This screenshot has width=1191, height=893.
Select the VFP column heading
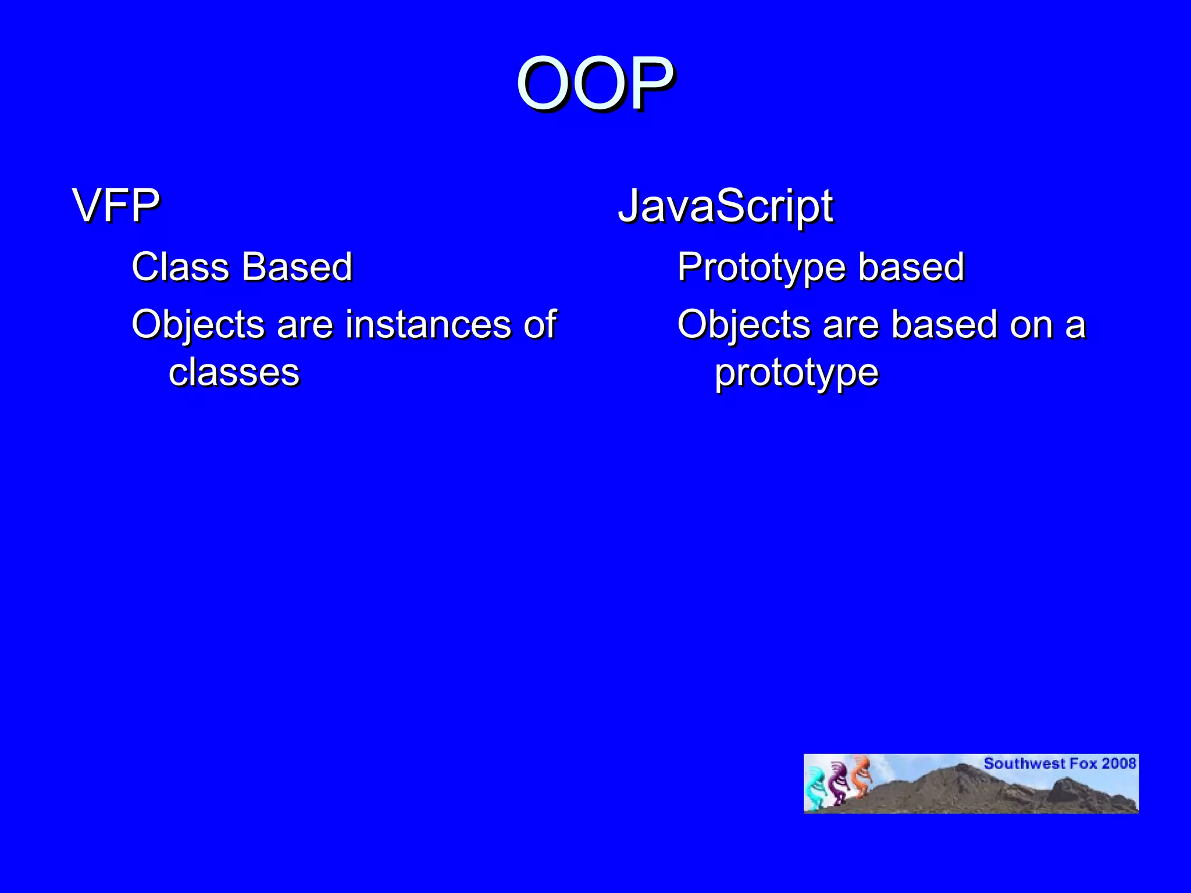tap(116, 205)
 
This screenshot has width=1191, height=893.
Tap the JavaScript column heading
tap(725, 205)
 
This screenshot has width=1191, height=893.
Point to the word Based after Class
tap(297, 267)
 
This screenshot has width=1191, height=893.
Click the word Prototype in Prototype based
tap(761, 268)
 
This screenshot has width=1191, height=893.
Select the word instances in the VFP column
tap(428, 324)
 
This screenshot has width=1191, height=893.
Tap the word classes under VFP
tap(234, 373)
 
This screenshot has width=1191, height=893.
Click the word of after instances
tap(540, 324)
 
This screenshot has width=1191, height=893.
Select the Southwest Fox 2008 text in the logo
tap(1060, 763)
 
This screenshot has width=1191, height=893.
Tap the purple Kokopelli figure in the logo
tap(838, 783)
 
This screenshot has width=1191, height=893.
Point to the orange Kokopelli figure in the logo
tap(861, 776)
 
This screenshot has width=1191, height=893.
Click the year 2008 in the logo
tap(1119, 763)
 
